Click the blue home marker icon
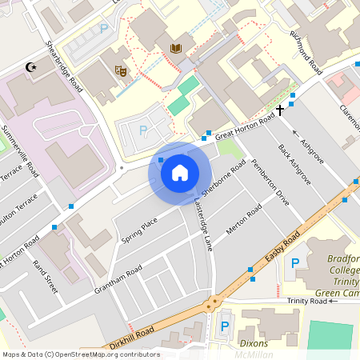(180, 171)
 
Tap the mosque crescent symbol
(32, 68)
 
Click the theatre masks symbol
(122, 70)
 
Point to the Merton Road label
(243, 220)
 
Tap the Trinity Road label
(307, 301)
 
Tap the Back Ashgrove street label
(294, 163)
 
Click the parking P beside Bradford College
(295, 263)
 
